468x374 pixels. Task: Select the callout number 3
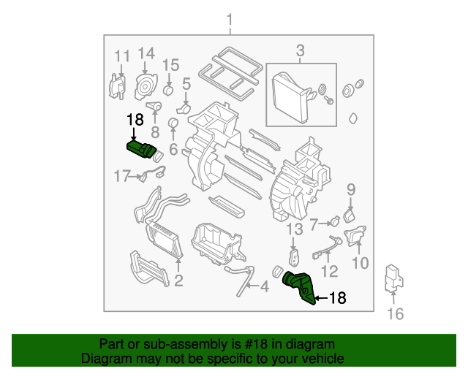(x=300, y=50)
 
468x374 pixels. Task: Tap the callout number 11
(x=121, y=56)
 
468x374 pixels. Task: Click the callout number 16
(x=395, y=314)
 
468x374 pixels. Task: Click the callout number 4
(x=264, y=287)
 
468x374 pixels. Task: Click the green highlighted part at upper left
(x=142, y=149)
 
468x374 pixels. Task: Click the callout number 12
(x=330, y=272)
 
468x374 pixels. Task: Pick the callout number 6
(x=173, y=149)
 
